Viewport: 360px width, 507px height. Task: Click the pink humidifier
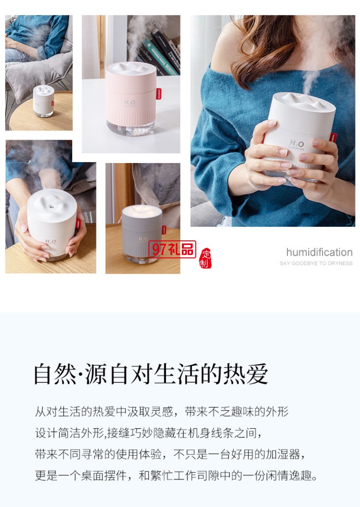[131, 98]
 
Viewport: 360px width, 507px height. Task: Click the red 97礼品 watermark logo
[172, 249]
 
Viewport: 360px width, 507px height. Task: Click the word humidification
[319, 252]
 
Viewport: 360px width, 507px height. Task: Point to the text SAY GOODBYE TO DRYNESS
[316, 263]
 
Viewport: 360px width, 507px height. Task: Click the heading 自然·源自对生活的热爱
[150, 374]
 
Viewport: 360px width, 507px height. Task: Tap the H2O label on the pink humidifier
[130, 103]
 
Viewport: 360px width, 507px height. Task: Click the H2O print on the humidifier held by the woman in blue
[297, 143]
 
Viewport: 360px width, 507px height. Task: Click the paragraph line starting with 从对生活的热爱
[162, 411]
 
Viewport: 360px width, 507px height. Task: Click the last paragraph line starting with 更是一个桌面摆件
[177, 475]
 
